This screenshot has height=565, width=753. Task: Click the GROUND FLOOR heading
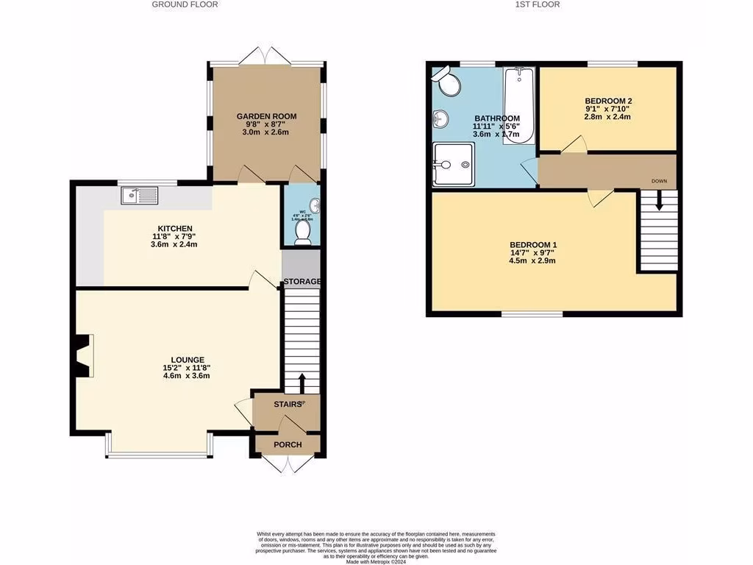tap(185, 4)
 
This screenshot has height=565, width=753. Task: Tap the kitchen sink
tap(140, 195)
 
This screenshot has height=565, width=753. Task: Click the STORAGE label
tap(302, 282)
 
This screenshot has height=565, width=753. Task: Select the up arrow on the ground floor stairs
tap(301, 383)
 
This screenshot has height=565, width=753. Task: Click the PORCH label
tap(288, 445)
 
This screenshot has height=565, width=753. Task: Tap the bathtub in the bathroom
tap(519, 105)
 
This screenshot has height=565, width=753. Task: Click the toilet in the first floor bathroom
tap(448, 82)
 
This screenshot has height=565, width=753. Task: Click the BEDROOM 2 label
tap(608, 101)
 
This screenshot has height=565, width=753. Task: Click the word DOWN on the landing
tap(659, 180)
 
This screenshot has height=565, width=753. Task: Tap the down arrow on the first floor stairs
tap(658, 201)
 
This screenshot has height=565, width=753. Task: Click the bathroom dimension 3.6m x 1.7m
tap(496, 135)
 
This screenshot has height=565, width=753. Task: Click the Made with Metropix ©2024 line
tap(376, 561)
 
